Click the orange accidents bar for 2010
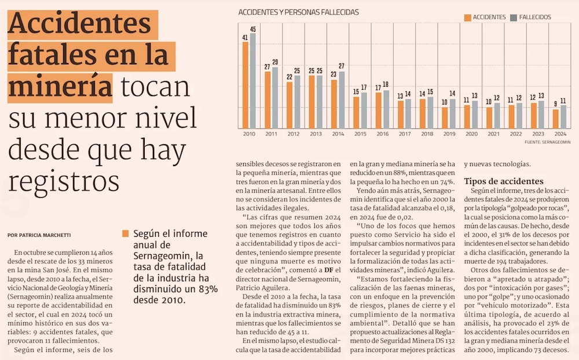pos(245,85)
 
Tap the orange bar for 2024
pos(556,119)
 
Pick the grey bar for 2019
pos(452,113)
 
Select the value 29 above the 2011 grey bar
pos(275,62)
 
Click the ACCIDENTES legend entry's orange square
pos(467,17)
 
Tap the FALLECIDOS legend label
pos(535,17)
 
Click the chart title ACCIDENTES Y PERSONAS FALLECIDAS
pos(299,12)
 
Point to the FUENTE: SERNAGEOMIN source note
pos(547,142)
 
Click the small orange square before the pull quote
pos(124,234)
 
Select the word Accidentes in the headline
pos(79,26)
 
